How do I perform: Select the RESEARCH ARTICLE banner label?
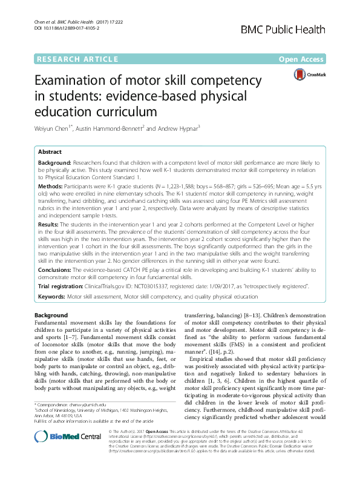(76, 59)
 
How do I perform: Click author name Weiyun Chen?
(54, 128)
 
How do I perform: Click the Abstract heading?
(50, 152)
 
